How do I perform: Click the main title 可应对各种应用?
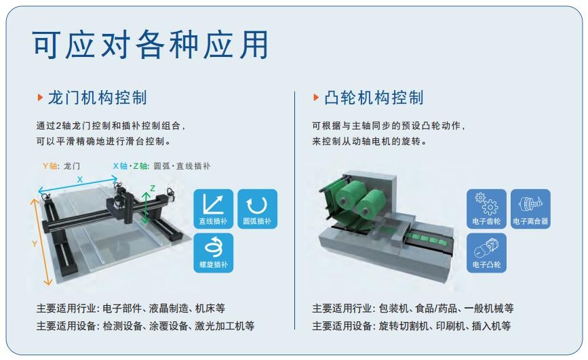pos(151,45)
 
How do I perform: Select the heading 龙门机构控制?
pos(98,98)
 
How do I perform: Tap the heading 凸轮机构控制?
pos(374,98)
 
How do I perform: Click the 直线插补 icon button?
pos(214,209)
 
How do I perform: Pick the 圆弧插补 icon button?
pos(257,209)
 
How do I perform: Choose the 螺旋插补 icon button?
pos(214,253)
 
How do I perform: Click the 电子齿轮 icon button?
pos(486,209)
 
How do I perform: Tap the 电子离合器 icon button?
pos(530,209)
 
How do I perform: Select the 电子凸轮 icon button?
pos(486,253)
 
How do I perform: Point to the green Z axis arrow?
pos(146,207)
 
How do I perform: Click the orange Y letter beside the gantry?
pos(35,244)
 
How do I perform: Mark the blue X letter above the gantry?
pos(79,180)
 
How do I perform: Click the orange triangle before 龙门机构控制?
pos(40,98)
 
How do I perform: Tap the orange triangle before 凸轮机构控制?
pos(316,98)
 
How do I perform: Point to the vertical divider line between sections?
pos(295,210)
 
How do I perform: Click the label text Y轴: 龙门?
pos(61,165)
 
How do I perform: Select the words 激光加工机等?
pos(224,325)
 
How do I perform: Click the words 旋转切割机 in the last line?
pos(403,325)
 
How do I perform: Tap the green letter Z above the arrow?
pos(153,188)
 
